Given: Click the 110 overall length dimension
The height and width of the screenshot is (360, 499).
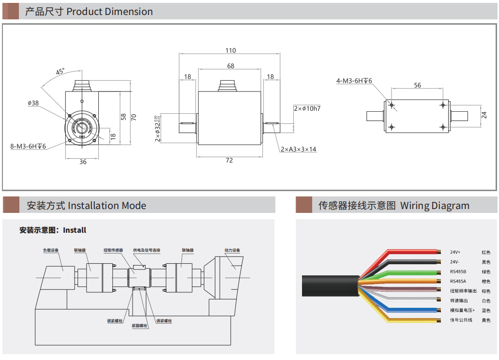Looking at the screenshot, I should click(230, 50).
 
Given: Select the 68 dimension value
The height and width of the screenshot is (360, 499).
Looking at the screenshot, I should click(230, 66).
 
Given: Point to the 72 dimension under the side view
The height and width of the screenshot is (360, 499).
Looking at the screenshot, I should click(229, 160).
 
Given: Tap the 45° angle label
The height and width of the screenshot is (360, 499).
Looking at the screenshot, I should click(60, 72).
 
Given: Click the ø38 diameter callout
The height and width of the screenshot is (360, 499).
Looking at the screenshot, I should click(33, 103).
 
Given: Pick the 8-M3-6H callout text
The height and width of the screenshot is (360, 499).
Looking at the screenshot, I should click(28, 146).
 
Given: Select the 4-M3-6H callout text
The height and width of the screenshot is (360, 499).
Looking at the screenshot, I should click(354, 81).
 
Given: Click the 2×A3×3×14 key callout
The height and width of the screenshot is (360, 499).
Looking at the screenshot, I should click(299, 149).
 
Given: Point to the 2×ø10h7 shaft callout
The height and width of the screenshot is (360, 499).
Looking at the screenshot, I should click(307, 108).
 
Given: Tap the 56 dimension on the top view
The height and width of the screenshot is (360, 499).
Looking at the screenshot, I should click(417, 85).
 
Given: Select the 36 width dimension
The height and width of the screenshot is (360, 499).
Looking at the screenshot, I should click(83, 162).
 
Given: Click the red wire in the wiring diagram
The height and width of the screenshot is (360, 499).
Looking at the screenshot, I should click(411, 252).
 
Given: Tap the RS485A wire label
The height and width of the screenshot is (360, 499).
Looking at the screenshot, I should click(458, 281).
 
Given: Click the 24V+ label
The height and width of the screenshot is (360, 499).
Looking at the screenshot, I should click(455, 252).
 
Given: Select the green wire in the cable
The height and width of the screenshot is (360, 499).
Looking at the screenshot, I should click(411, 271).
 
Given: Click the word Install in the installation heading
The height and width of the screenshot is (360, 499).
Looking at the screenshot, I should click(75, 230).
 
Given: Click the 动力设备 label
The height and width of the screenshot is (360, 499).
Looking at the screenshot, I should click(232, 251).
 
